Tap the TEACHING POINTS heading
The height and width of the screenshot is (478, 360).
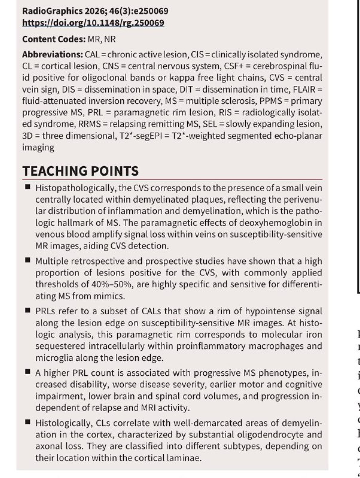coord(81,171)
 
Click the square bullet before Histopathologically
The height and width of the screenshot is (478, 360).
coord(28,188)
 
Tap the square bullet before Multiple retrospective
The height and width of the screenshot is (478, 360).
coord(28,261)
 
